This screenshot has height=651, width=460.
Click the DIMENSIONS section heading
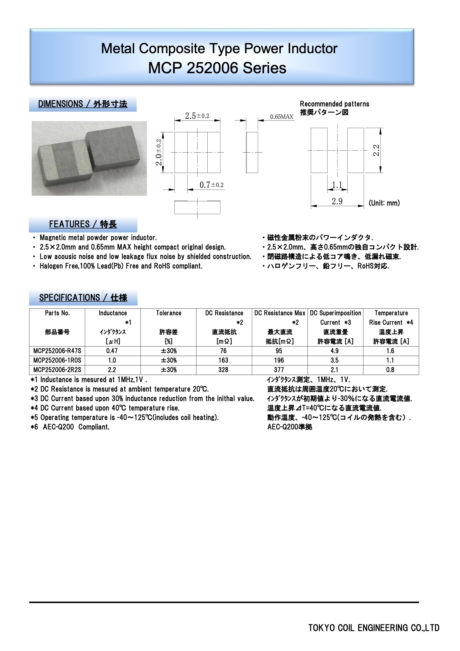pos(82,104)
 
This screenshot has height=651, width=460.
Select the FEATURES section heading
pos(83,224)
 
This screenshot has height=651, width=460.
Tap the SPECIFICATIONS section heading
pos(83,298)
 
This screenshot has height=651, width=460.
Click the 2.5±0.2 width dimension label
pos(197,116)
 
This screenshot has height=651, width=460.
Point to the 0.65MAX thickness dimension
pos(281,117)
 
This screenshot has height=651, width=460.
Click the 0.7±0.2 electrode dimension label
pos(211,185)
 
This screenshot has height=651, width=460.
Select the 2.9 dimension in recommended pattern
pos(337,201)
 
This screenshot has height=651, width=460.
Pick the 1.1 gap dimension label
pos(337,185)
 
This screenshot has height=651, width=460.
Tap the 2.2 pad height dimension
pos(376,150)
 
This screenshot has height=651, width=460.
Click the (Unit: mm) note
pos(384,203)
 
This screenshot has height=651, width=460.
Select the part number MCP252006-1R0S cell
pos(57,360)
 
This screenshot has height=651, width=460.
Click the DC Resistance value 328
pos(223,370)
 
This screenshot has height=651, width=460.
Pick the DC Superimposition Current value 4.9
pos(334,351)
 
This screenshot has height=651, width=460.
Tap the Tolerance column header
pos(168,313)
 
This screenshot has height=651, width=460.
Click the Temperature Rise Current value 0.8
pos(390,370)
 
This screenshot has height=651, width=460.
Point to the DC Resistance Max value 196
pos(279,360)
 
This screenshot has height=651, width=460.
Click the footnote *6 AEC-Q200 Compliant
pos(70,427)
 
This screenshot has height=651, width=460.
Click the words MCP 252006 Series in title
pos(217,68)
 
